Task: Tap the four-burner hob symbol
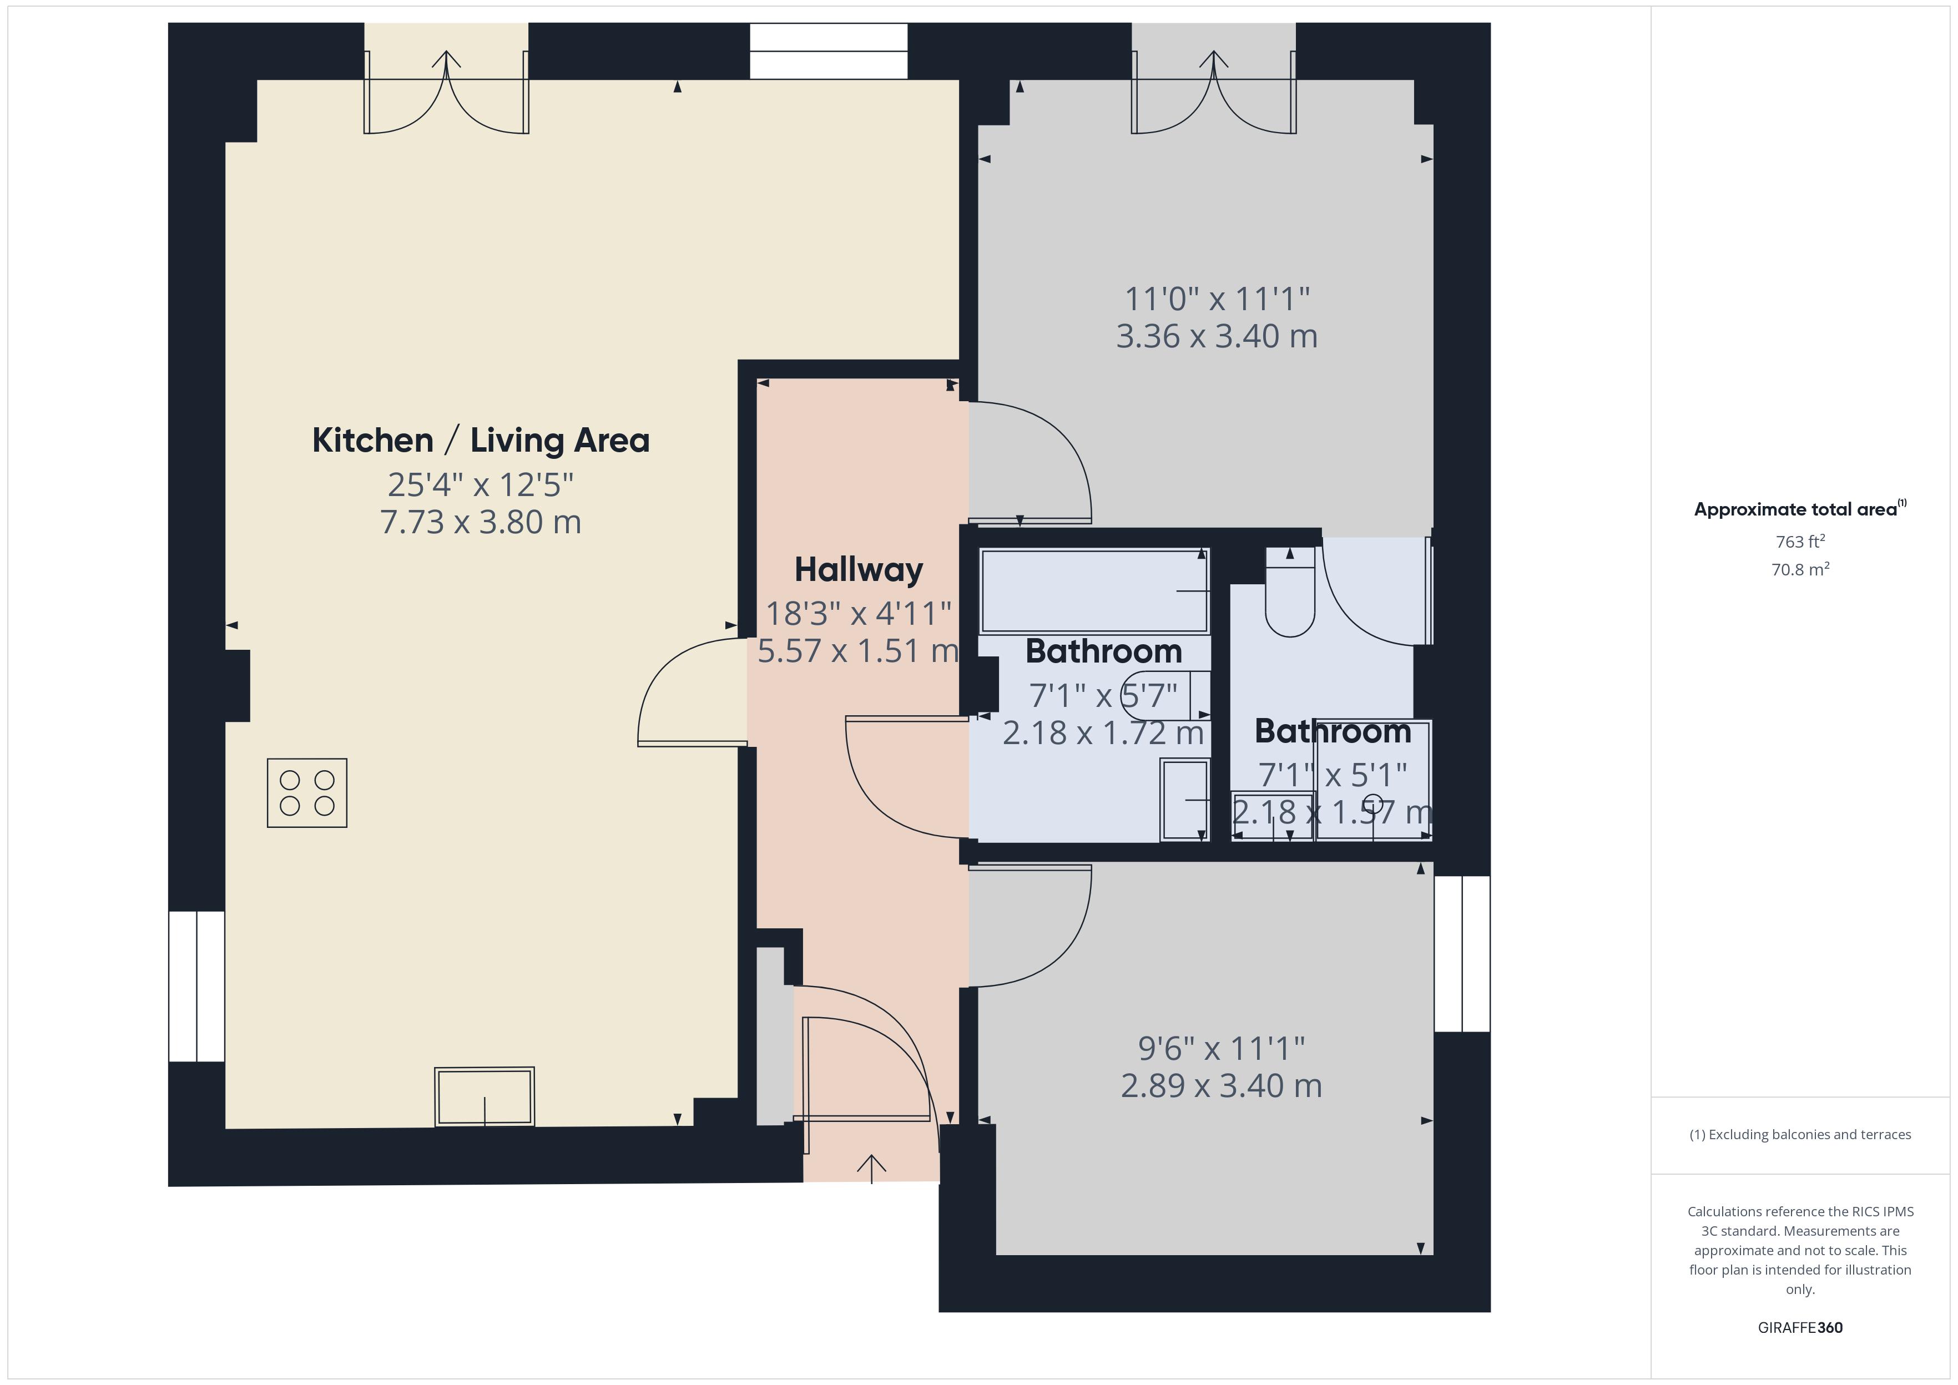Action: coord(307,792)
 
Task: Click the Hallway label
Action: coord(858,570)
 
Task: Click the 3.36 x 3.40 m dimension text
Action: coord(1217,336)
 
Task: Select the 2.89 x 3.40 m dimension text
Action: coord(1221,1086)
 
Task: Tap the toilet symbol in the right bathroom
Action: coord(1289,597)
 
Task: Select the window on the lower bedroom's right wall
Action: coord(1462,953)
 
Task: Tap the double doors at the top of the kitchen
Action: coord(446,94)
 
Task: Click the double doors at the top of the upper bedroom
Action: coord(1214,94)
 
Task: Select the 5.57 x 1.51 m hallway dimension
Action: coord(858,651)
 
